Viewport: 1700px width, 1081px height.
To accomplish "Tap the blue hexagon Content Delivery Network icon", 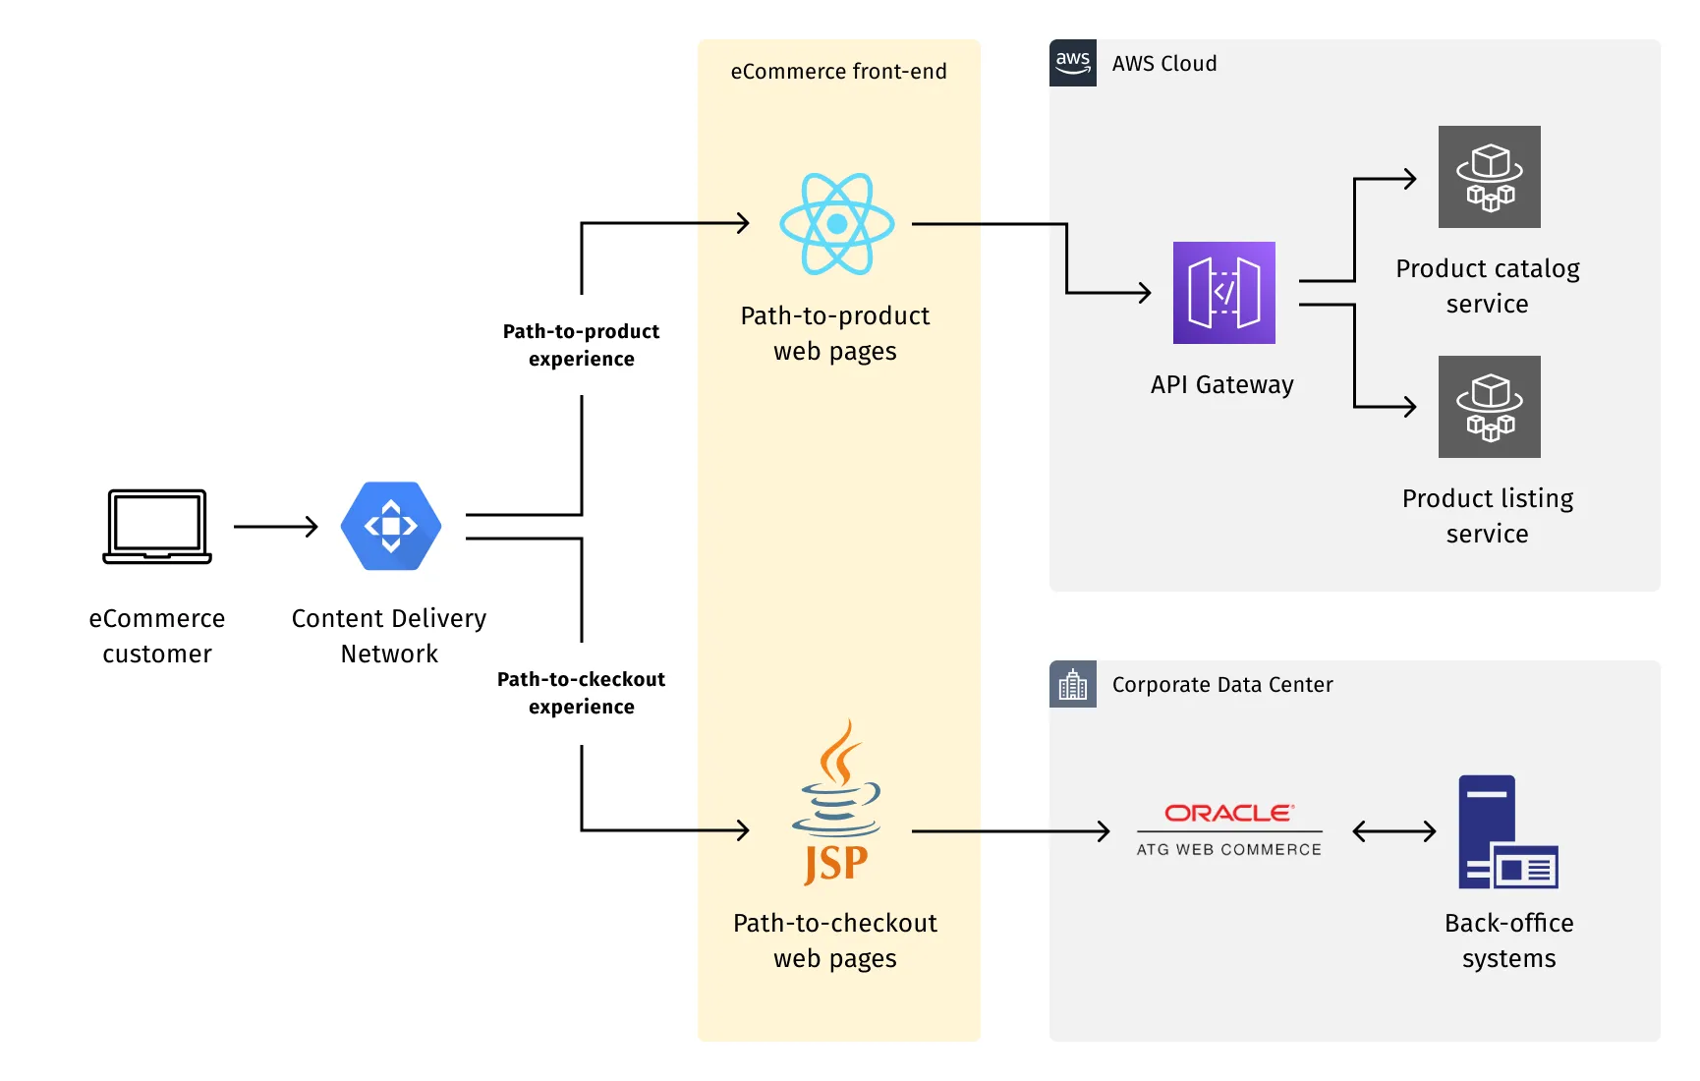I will point(390,526).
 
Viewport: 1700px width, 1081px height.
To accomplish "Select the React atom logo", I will point(836,224).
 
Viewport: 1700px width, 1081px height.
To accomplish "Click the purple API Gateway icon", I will point(1223,293).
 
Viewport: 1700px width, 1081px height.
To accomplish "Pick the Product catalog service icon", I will point(1489,177).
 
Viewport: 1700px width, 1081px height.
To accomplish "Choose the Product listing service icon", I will point(1489,407).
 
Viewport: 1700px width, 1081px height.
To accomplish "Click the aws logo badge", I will point(1072,63).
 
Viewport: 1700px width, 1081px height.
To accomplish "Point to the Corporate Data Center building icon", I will point(1072,684).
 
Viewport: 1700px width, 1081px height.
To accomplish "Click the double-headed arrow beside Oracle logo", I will point(1393,831).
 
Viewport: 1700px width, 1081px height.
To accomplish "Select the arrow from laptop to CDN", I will point(275,527).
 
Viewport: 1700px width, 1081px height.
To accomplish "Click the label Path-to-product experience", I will point(581,345).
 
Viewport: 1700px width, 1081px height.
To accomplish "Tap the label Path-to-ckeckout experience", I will point(581,693).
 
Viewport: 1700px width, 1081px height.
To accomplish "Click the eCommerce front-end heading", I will point(838,72).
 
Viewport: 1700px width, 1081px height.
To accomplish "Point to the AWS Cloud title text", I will point(1163,64).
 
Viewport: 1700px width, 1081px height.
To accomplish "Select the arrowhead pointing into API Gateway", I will point(1144,293).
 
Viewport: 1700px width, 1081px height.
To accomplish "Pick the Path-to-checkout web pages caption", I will point(835,940).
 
